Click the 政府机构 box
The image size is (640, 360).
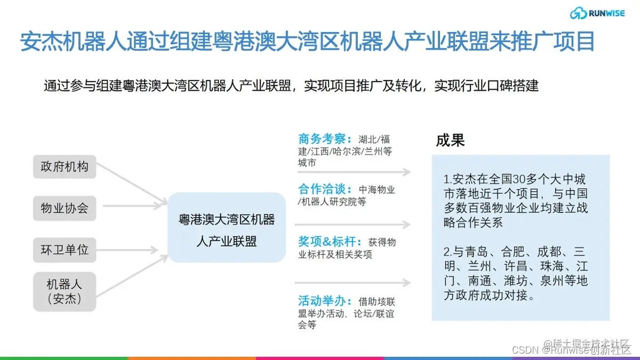pos(65,167)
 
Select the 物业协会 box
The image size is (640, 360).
pos(65,208)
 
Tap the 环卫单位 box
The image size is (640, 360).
pos(65,250)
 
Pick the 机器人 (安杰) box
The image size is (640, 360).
pos(65,291)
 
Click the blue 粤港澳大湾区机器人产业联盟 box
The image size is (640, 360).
pos(227,227)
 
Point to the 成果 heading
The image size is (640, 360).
pos(450,141)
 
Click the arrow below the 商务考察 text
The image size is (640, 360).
pos(354,172)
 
